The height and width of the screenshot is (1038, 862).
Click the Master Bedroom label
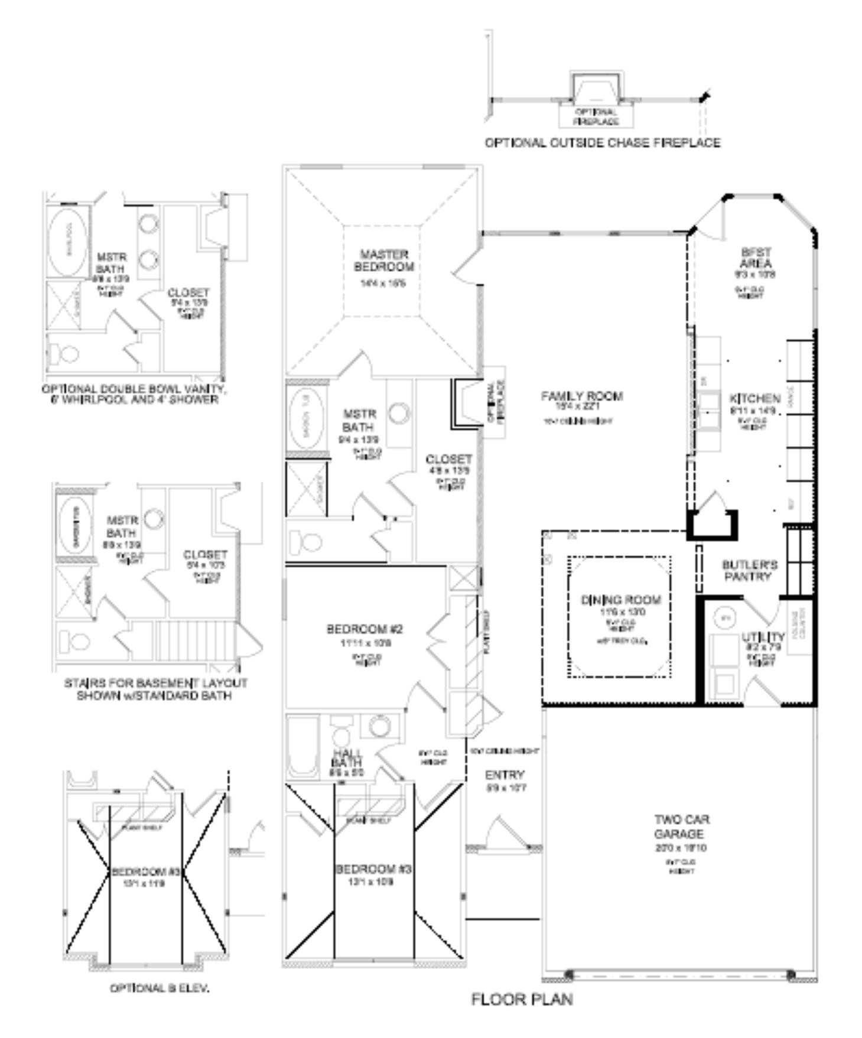[384, 261]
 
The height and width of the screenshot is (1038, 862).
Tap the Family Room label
[582, 396]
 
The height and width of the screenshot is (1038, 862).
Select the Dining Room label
[621, 600]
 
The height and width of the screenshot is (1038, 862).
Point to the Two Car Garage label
[681, 827]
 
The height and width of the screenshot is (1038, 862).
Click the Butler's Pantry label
[749, 570]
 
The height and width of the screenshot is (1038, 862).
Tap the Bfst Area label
[756, 258]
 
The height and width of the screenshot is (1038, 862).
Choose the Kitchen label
[754, 398]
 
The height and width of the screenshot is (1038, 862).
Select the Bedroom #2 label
[365, 629]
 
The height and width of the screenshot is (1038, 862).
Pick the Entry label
[505, 775]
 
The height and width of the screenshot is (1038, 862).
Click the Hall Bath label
[347, 758]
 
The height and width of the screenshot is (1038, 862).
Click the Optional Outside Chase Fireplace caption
[602, 143]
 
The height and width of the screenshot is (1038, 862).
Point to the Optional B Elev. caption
[160, 988]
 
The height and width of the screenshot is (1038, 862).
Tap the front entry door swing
[502, 833]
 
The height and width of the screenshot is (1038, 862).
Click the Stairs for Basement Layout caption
[155, 689]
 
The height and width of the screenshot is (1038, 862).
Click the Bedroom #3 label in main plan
[373, 869]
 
